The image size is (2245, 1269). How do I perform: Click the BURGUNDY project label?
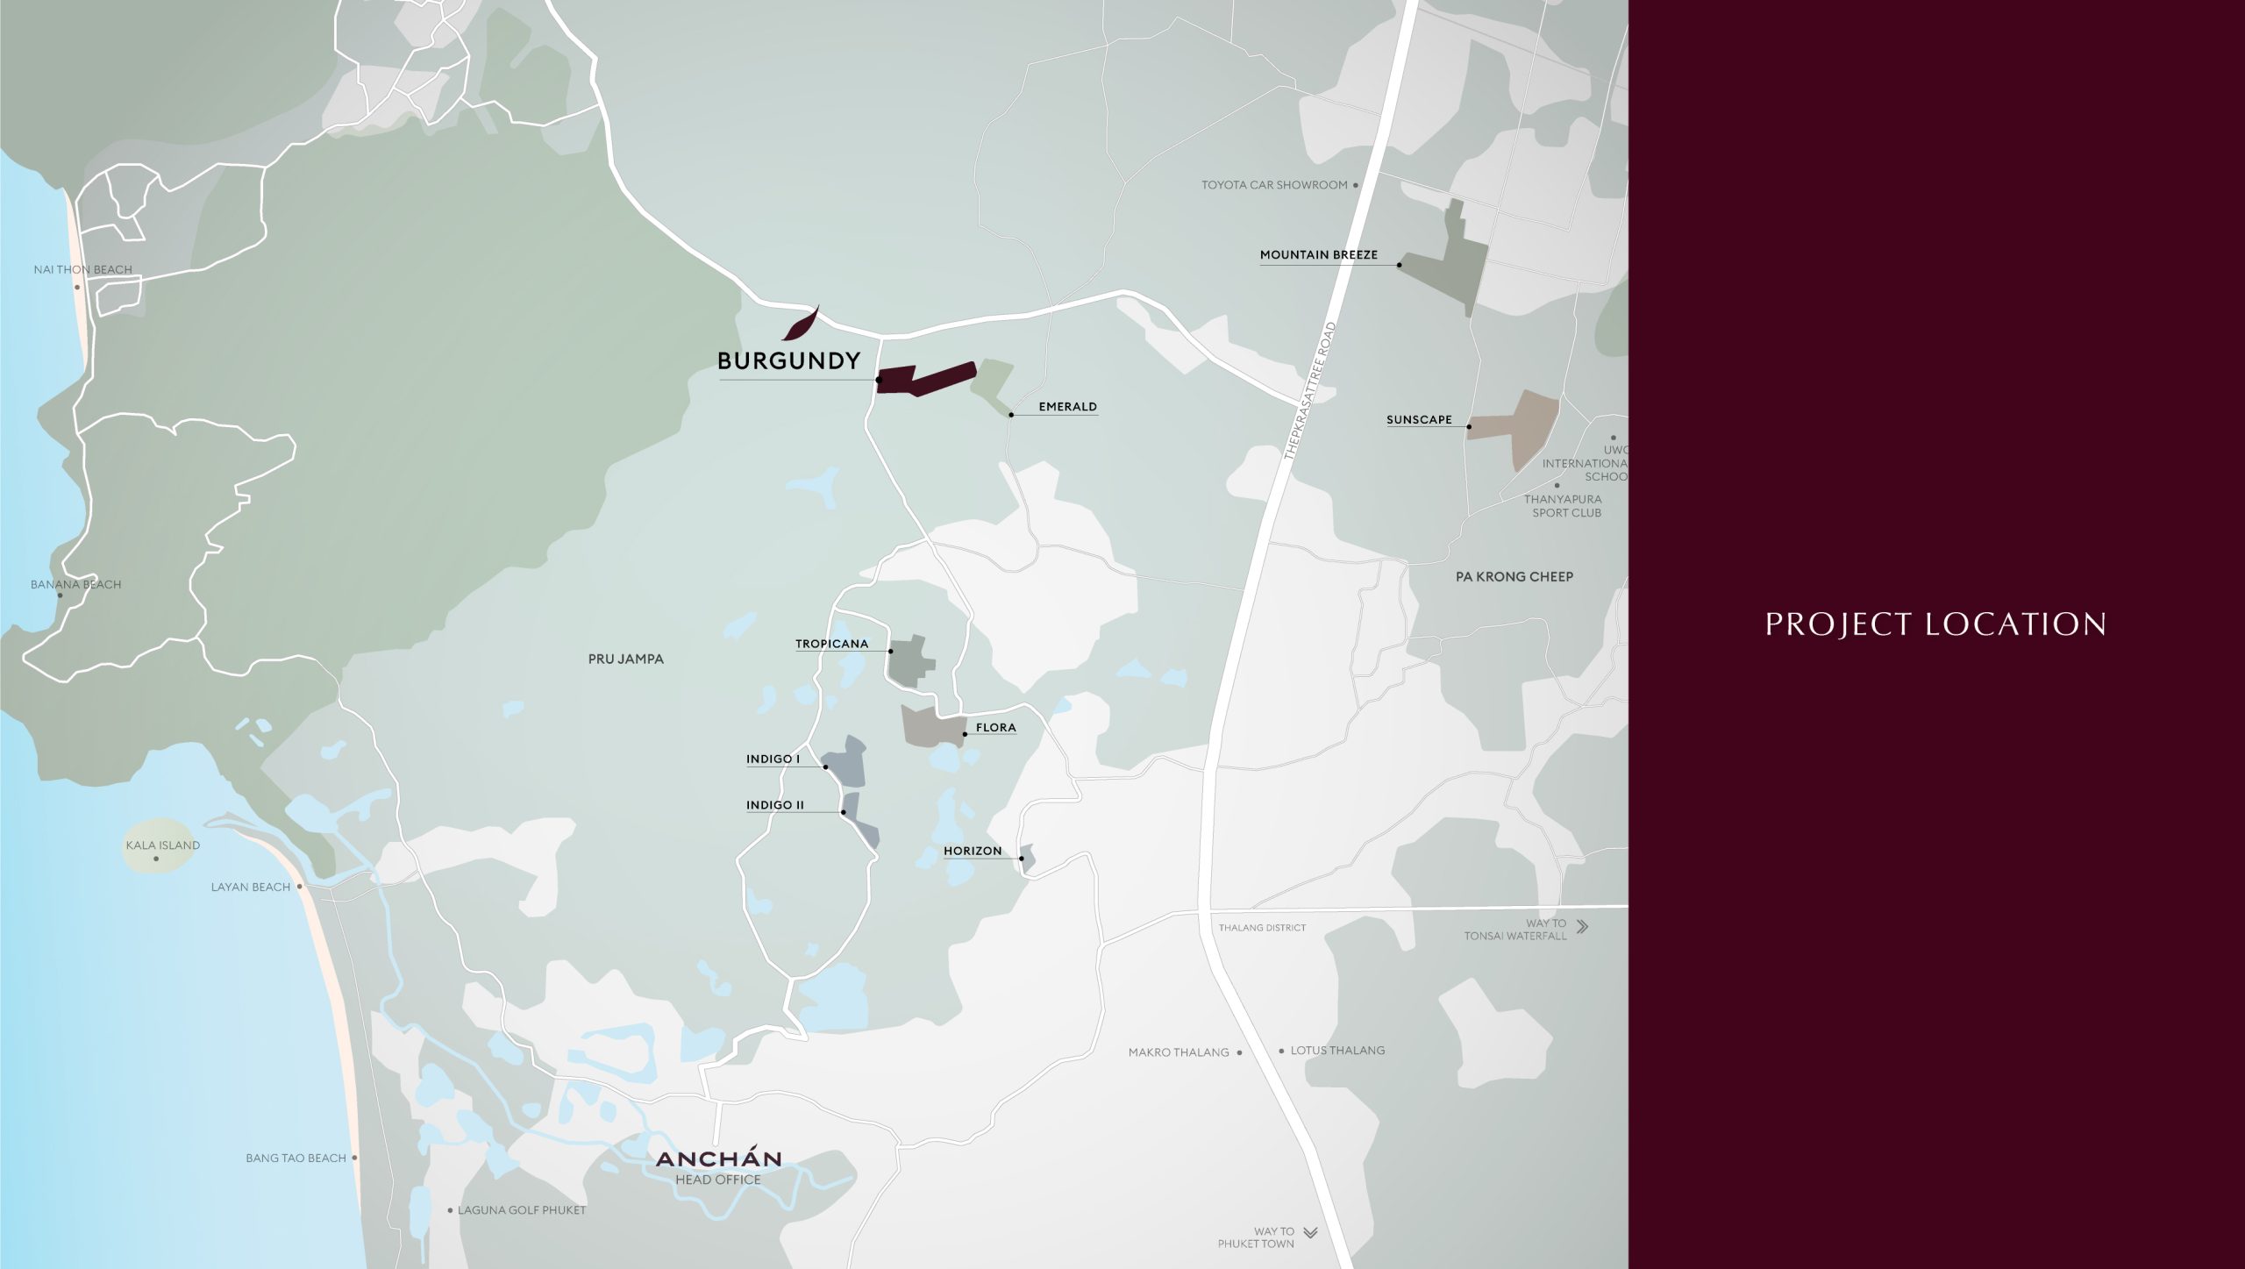click(788, 361)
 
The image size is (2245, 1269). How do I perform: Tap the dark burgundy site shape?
click(921, 380)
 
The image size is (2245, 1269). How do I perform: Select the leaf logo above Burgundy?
click(801, 324)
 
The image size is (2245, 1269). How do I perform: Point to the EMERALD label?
click(1067, 407)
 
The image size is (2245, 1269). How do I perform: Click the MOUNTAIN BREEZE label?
click(1318, 255)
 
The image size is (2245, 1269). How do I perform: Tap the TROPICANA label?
click(831, 644)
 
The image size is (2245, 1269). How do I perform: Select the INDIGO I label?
click(773, 759)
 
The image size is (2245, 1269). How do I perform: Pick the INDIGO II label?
click(774, 805)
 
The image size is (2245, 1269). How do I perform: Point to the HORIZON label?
click(972, 851)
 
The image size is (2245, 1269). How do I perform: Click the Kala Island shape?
click(159, 846)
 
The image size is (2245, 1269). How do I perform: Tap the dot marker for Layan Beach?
click(300, 887)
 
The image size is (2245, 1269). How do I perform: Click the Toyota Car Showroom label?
click(1273, 185)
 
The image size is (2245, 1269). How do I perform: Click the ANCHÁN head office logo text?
click(718, 1158)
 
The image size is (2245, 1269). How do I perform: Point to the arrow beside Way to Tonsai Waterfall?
click(1582, 926)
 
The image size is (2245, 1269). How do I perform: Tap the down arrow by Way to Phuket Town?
click(1310, 1232)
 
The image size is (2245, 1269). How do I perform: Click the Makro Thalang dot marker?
click(1239, 1052)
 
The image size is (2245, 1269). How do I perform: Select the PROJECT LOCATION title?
click(1935, 624)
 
